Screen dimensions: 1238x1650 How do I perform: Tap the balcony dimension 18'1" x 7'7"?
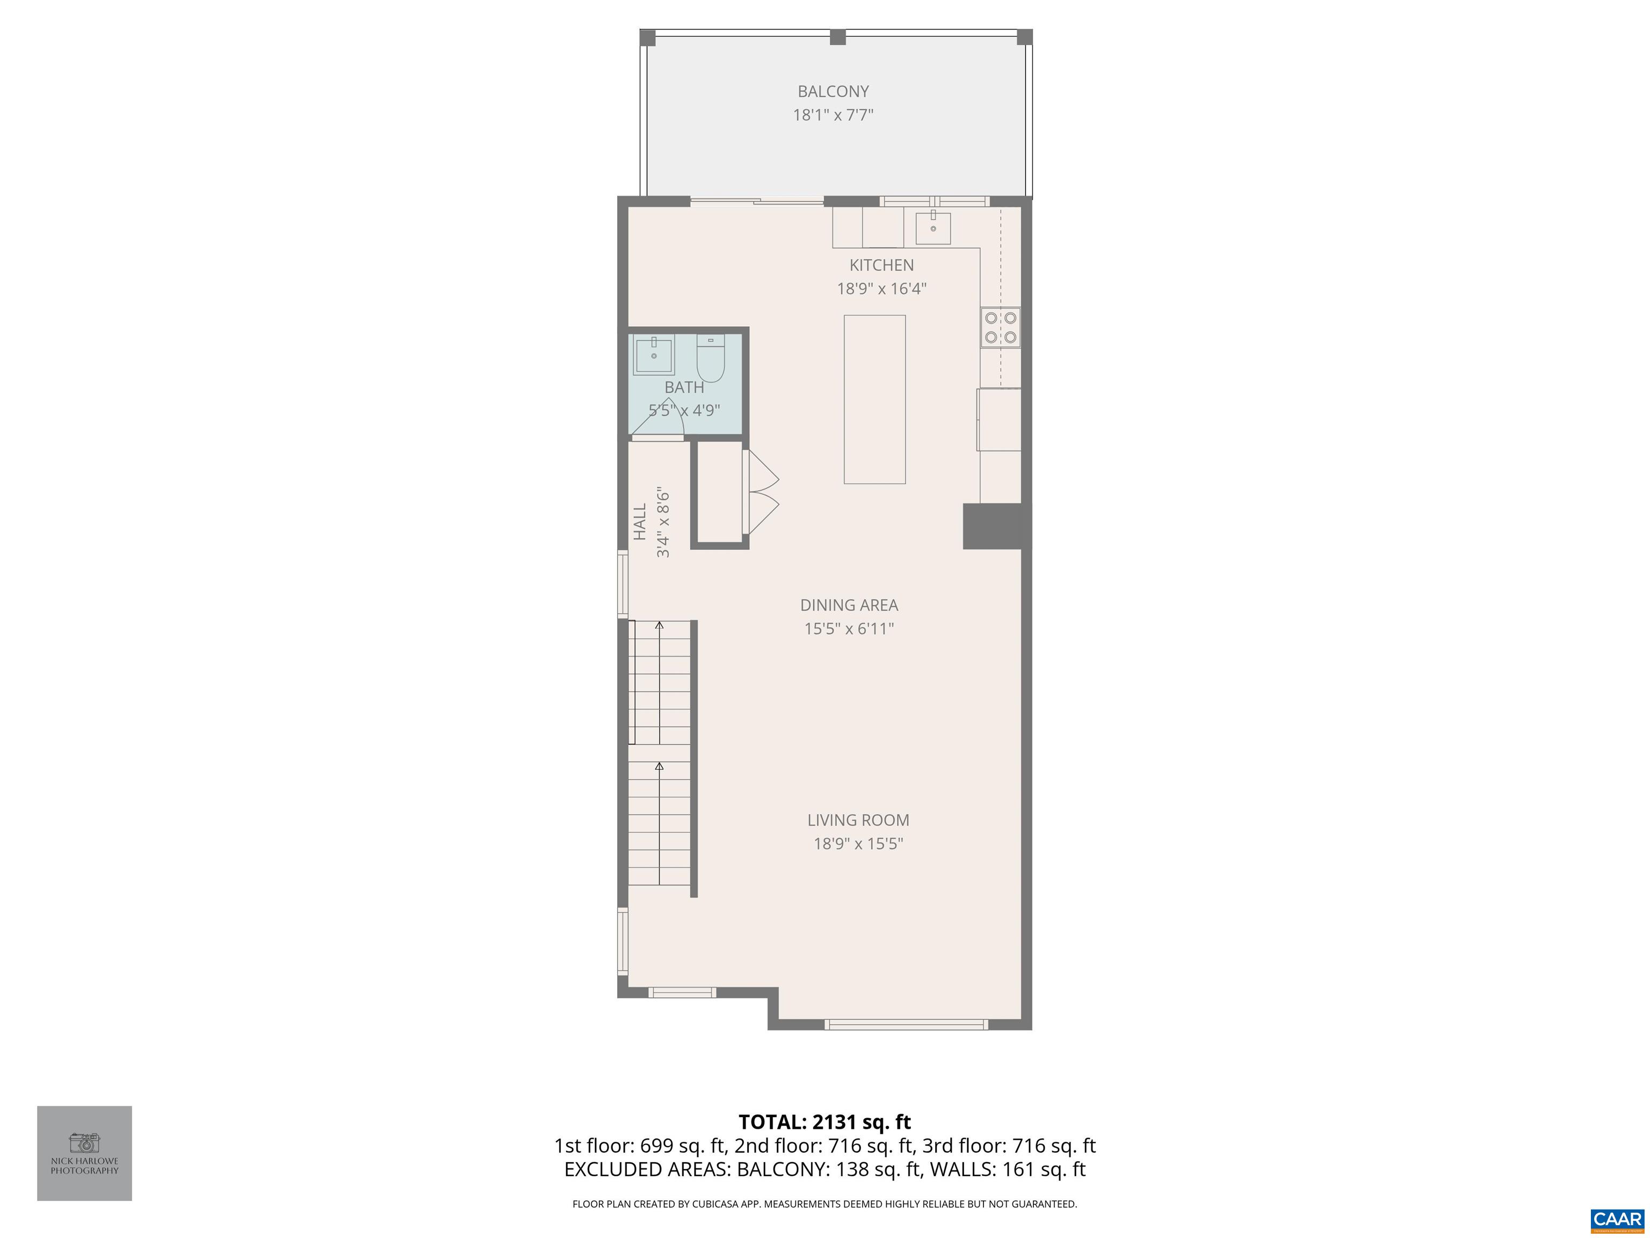tap(833, 115)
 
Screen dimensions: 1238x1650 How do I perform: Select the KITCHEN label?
tap(881, 265)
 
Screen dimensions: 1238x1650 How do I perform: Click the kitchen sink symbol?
tap(932, 228)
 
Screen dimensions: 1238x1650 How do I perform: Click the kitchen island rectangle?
tap(874, 399)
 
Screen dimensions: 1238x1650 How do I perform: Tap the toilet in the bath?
tap(710, 359)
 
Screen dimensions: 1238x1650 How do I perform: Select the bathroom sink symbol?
tap(654, 355)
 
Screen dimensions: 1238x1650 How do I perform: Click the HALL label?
tap(640, 522)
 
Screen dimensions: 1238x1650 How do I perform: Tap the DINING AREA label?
tap(849, 605)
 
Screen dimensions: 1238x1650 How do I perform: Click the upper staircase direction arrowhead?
tap(658, 624)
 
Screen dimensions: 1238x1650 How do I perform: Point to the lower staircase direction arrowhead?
tap(658, 766)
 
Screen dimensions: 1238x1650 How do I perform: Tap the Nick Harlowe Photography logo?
tap(84, 1153)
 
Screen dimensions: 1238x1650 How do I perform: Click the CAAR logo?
tap(1617, 1219)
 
